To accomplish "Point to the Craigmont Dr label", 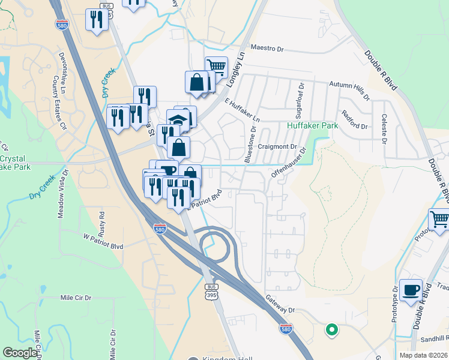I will coord(277,146).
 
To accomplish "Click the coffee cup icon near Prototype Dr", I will coord(411,290).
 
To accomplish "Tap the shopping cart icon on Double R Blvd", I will coord(439,220).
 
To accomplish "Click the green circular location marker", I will coord(331,329).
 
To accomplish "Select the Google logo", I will coord(20,353).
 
